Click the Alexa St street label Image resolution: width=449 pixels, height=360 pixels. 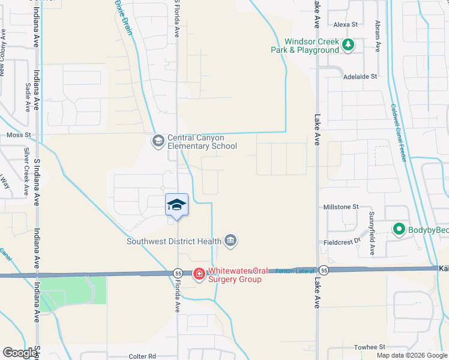[345, 25]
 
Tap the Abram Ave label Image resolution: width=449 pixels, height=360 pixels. [378, 36]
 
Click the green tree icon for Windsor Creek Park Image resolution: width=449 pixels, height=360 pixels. [348, 45]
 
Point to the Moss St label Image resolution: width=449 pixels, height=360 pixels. [18, 136]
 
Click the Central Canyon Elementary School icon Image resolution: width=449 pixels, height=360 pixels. [158, 141]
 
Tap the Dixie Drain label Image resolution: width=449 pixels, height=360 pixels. [123, 17]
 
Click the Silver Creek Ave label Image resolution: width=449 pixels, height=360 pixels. [26, 172]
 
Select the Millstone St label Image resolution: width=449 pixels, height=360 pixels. [340, 206]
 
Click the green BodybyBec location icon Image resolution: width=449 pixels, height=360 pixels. [397, 229]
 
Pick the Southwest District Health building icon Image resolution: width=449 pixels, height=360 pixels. [231, 241]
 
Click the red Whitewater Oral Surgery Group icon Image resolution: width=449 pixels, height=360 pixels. [199, 274]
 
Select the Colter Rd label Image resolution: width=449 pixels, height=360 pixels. [142, 356]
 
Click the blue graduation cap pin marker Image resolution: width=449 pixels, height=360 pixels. [176, 205]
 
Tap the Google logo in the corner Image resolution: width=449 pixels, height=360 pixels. [20, 353]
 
